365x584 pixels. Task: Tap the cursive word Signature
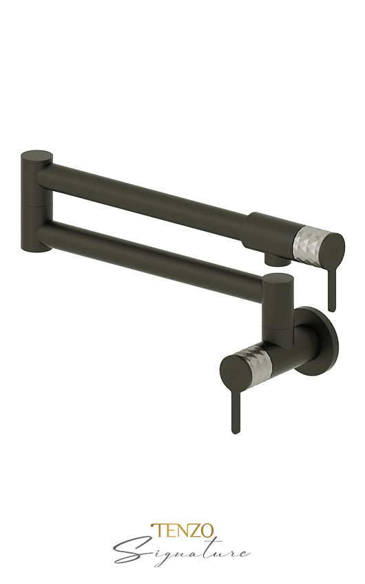point(182,553)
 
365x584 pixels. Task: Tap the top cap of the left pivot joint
point(36,157)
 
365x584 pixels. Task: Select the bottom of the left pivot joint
point(37,245)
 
